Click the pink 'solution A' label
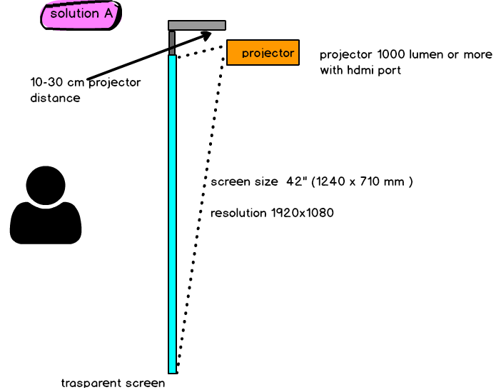tap(81, 15)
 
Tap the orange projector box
tap(263, 52)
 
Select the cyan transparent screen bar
tap(173, 214)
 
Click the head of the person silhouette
tap(46, 186)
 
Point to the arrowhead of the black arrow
tap(206, 34)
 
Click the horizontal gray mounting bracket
tap(197, 25)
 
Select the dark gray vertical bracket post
tap(172, 43)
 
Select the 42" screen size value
tap(294, 181)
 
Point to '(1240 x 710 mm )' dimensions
tap(362, 181)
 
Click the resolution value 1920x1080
tap(303, 213)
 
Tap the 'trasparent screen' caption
tap(113, 383)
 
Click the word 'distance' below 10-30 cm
tap(55, 97)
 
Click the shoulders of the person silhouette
tap(46, 223)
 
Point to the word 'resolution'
tap(238, 213)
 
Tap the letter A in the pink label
tap(108, 14)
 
